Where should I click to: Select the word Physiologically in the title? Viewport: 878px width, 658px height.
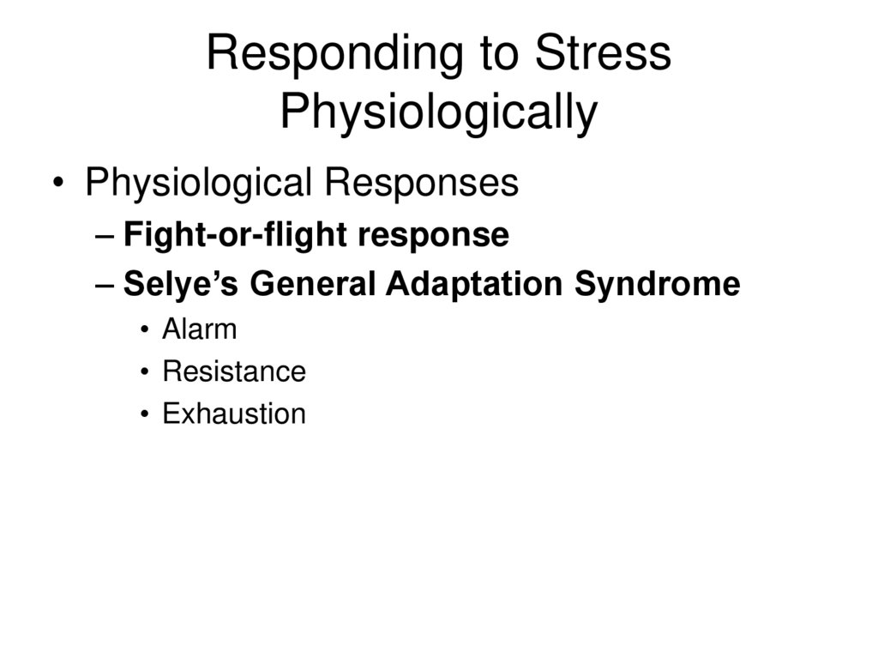tap(438, 112)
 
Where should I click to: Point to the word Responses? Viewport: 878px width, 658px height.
tap(420, 184)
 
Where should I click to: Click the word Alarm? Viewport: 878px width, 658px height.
tap(199, 329)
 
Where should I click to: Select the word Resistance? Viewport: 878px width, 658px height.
tap(233, 372)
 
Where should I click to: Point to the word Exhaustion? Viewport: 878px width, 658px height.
tap(233, 414)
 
